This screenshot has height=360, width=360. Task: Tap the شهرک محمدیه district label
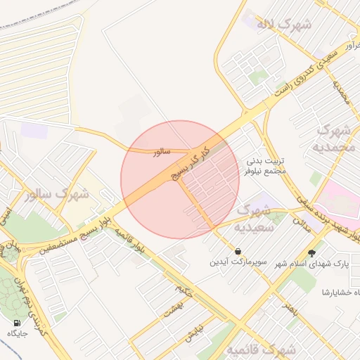[335, 139]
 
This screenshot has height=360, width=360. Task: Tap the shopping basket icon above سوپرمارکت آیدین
[238, 251]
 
